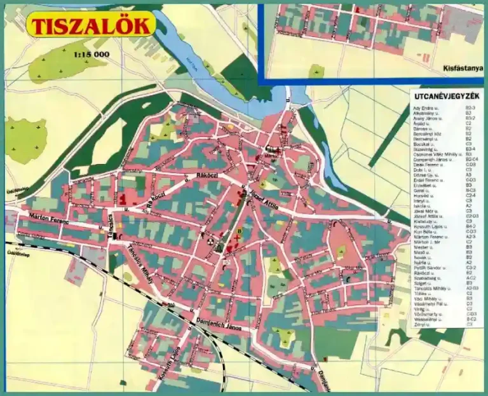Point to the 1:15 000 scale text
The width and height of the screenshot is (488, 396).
pyautogui.click(x=91, y=55)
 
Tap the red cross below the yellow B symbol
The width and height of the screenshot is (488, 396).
pyautogui.click(x=238, y=238)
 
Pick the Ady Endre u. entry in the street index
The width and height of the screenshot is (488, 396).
pyautogui.click(x=427, y=108)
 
